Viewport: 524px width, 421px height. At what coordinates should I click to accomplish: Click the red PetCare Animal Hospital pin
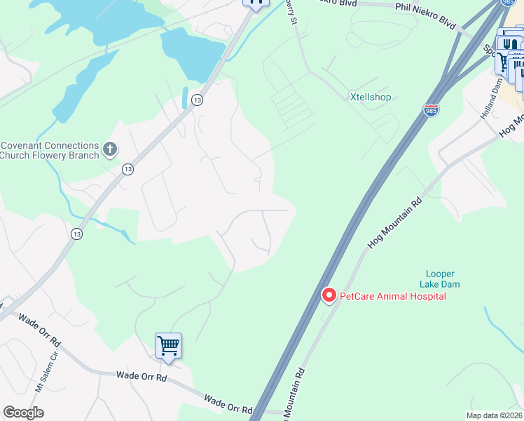328,295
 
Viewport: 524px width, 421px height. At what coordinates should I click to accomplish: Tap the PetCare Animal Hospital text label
393,296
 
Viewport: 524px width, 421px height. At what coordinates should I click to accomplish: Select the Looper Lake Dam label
440,279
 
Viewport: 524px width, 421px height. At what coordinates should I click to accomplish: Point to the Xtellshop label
371,98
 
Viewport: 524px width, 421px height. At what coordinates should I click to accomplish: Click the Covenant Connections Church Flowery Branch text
49,150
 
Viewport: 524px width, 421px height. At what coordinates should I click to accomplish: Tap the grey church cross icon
109,148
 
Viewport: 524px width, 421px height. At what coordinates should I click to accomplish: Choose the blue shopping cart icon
168,346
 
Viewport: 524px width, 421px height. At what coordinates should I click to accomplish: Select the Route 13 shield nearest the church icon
127,169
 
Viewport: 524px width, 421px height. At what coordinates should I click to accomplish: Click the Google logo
24,413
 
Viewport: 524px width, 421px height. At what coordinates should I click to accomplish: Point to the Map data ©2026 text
493,415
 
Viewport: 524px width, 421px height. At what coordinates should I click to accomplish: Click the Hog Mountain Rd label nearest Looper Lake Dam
395,222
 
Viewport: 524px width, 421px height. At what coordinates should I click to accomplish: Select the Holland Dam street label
491,98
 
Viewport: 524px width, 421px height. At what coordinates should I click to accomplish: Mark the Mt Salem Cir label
40,378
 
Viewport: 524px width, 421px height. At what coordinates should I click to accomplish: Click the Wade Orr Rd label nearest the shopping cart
141,377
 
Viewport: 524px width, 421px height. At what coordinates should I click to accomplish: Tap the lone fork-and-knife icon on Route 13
256,2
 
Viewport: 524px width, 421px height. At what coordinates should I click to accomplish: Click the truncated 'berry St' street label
292,13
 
